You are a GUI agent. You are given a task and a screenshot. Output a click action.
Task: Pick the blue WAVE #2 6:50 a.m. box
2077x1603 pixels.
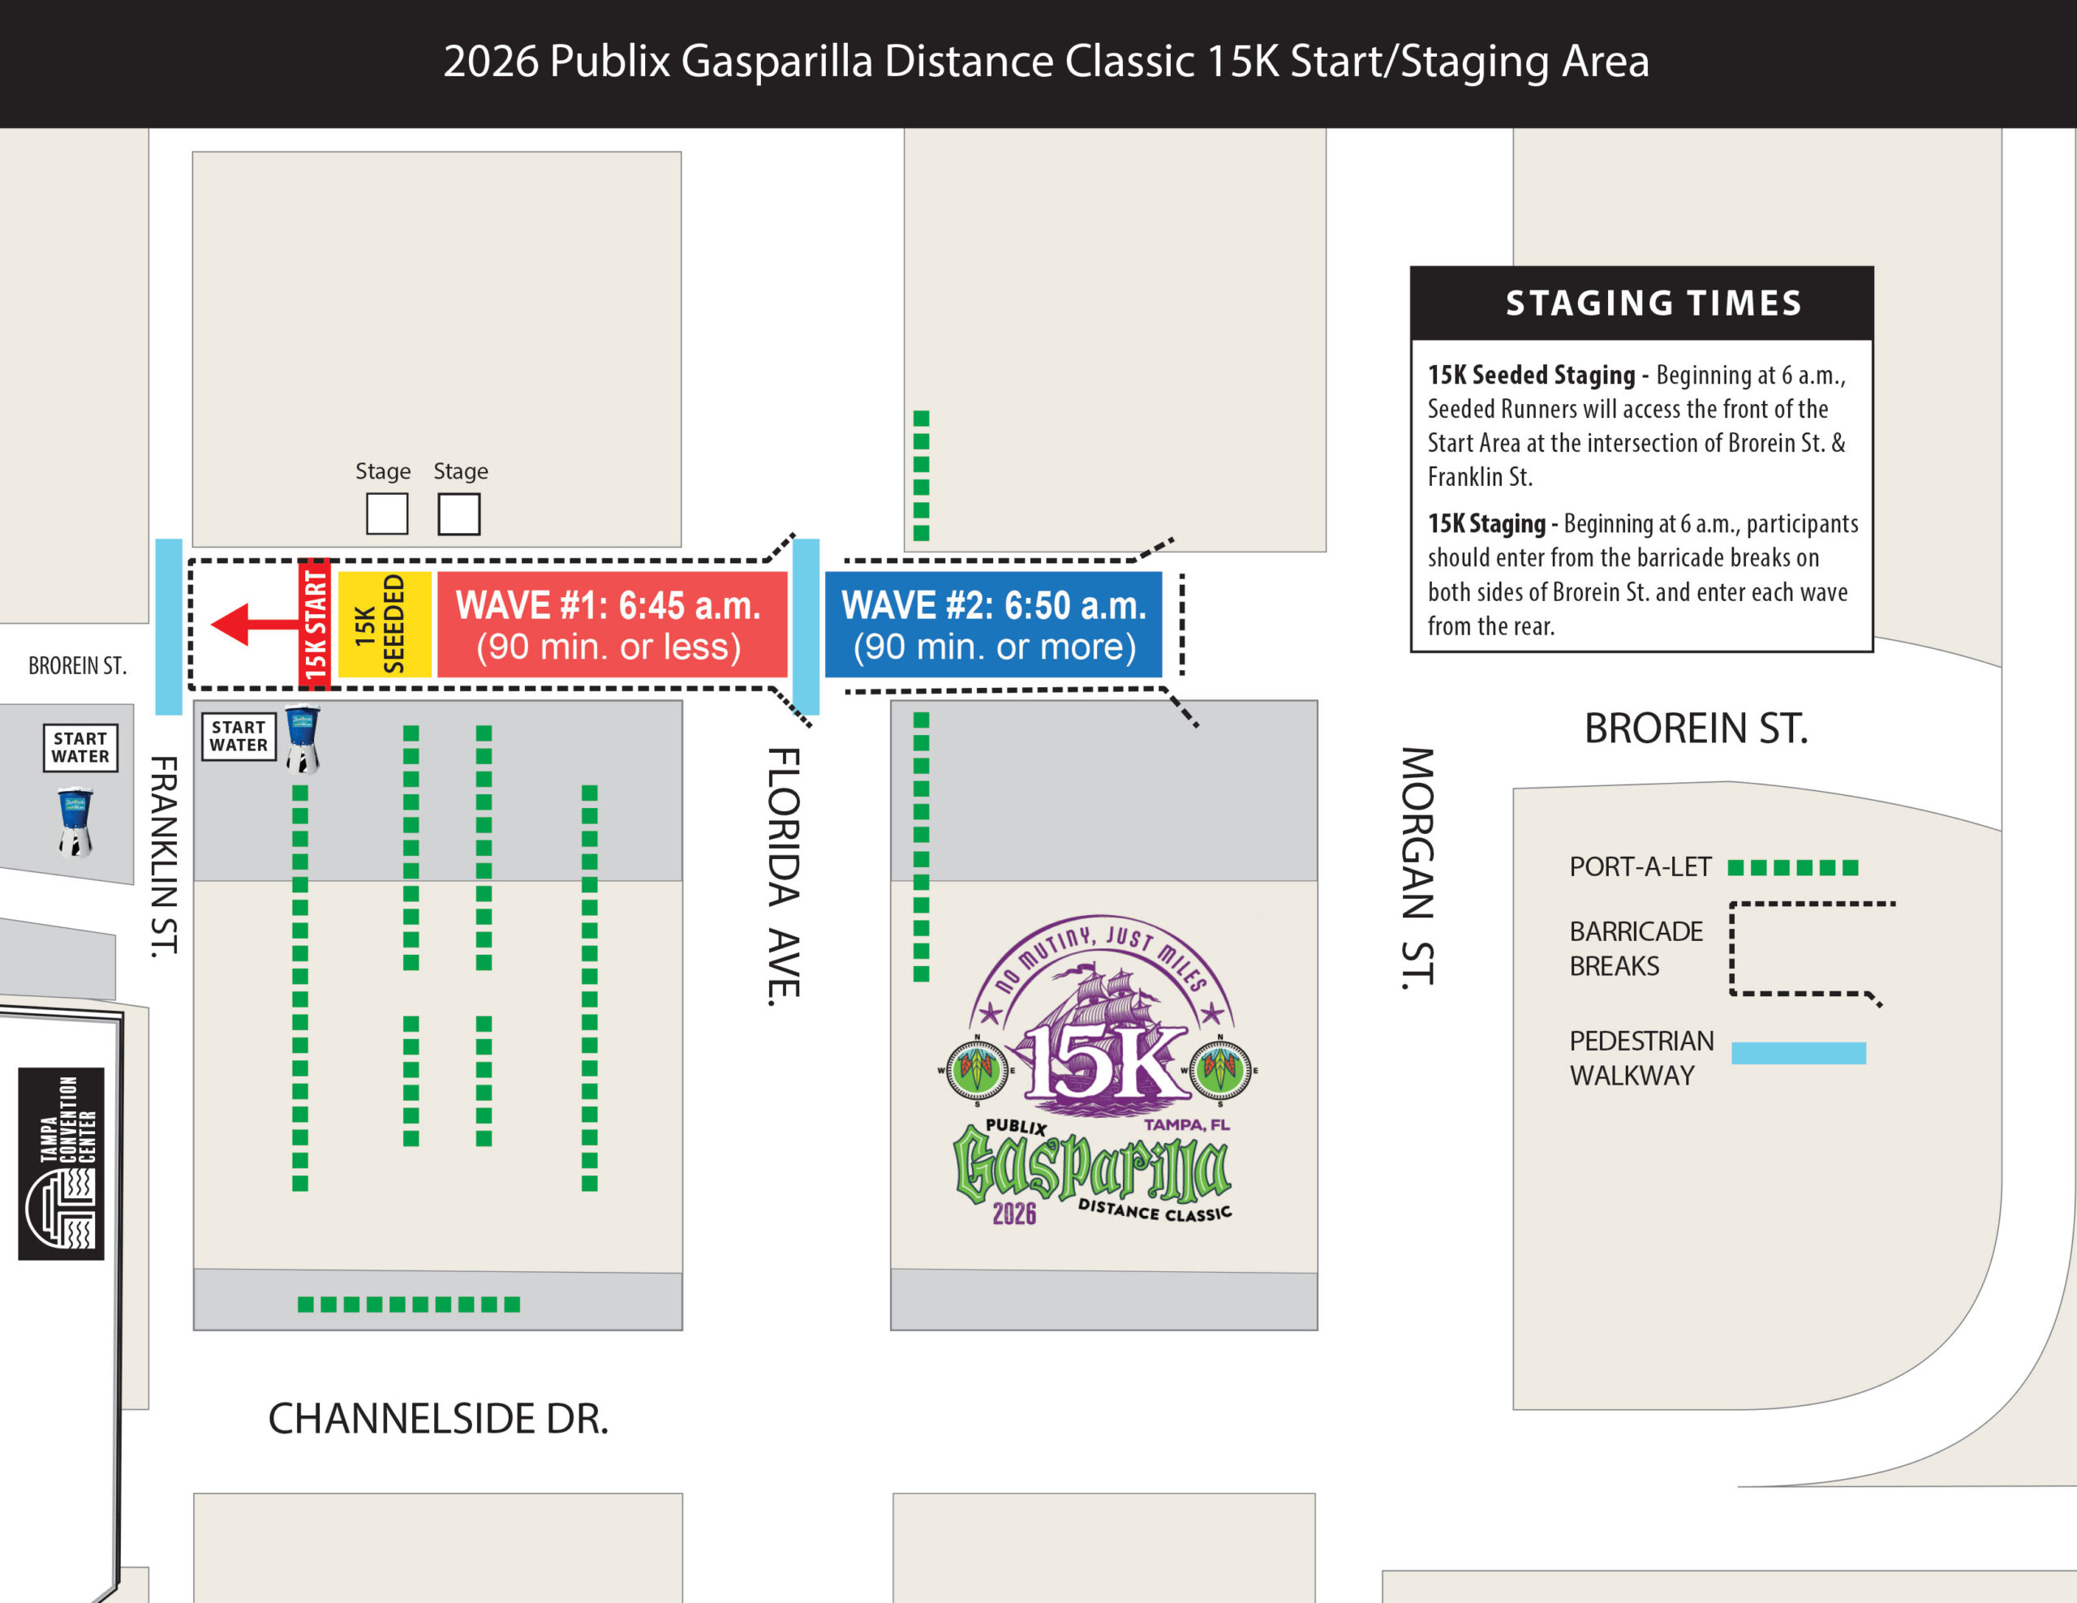[x=993, y=625]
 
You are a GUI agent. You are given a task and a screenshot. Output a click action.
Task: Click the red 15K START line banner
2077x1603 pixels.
[x=315, y=625]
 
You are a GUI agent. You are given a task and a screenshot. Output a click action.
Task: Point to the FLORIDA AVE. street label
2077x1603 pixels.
[x=785, y=875]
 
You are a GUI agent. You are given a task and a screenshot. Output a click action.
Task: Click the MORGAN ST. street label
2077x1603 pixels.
[x=1417, y=867]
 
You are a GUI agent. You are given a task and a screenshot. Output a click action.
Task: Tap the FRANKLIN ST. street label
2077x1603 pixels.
[x=165, y=856]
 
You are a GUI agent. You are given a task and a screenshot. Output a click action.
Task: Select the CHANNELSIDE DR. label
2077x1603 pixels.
[x=437, y=1419]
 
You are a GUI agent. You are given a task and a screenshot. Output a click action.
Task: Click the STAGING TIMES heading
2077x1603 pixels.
[x=1653, y=303]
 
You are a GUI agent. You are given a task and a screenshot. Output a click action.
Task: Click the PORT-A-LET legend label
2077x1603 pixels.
[x=1640, y=867]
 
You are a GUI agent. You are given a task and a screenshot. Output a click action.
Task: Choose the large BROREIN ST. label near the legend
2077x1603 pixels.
[x=1696, y=728]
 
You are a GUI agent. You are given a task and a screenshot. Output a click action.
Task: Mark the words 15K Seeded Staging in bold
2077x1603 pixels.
[x=1531, y=376]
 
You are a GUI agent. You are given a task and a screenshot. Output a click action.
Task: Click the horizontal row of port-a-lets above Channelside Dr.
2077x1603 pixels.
[x=409, y=1304]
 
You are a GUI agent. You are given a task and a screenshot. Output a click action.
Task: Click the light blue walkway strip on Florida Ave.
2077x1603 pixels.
[x=806, y=625]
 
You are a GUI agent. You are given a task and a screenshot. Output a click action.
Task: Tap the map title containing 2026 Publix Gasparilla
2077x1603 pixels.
[x=1046, y=62]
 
